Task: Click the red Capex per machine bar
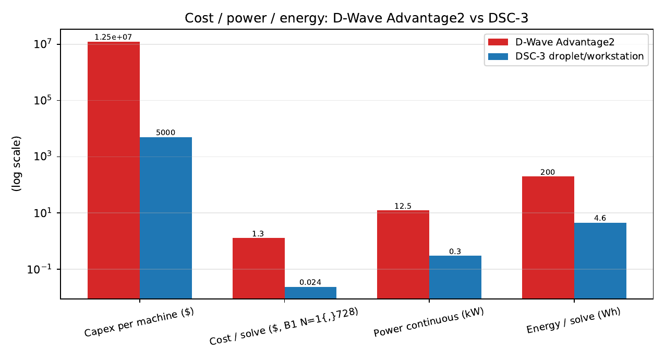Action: [114, 170]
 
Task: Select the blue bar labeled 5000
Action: [166, 218]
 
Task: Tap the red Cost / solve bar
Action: [259, 268]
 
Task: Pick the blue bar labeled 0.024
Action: [310, 293]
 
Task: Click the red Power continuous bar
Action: [403, 255]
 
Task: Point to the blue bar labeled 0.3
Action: [455, 277]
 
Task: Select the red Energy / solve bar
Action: [548, 237]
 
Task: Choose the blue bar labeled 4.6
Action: [600, 261]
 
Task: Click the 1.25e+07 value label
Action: [113, 37]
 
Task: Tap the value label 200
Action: [548, 172]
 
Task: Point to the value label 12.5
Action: [403, 206]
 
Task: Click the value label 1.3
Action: [258, 234]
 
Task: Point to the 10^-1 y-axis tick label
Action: [40, 269]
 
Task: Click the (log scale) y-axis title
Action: [16, 164]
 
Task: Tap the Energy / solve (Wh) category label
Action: [574, 320]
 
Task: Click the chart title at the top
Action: [357, 18]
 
